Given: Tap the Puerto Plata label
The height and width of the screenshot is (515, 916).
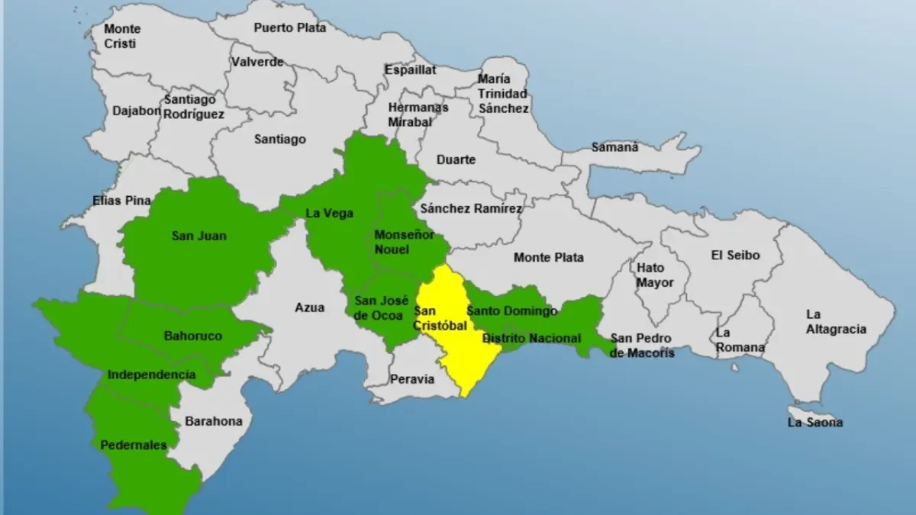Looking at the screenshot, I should pyautogui.click(x=290, y=27).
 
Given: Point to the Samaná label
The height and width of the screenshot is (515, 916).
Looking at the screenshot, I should pyautogui.click(x=616, y=147).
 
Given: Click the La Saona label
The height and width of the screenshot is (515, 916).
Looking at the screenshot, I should pyautogui.click(x=815, y=422).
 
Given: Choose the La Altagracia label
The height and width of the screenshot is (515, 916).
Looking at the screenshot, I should pyautogui.click(x=837, y=322).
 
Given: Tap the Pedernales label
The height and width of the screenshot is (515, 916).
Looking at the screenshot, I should pyautogui.click(x=134, y=445).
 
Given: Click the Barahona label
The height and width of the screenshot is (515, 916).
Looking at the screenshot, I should pyautogui.click(x=214, y=421).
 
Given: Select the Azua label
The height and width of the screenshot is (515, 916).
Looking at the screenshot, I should pyautogui.click(x=310, y=307).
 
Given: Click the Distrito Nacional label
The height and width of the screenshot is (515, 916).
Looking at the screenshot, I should pyautogui.click(x=532, y=338).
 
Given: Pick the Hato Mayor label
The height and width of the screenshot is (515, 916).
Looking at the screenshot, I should pyautogui.click(x=655, y=275).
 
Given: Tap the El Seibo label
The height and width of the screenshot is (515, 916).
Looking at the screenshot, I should pyautogui.click(x=735, y=256).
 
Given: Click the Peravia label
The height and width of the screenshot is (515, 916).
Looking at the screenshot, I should pyautogui.click(x=412, y=378).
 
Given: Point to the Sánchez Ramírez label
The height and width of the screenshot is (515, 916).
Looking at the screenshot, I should pyautogui.click(x=471, y=208).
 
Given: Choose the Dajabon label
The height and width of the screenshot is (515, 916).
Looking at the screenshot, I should pyautogui.click(x=137, y=110).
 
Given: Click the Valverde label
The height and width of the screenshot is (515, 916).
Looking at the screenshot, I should pyautogui.click(x=257, y=62).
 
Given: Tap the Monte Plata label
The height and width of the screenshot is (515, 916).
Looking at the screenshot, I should pyautogui.click(x=548, y=257).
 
